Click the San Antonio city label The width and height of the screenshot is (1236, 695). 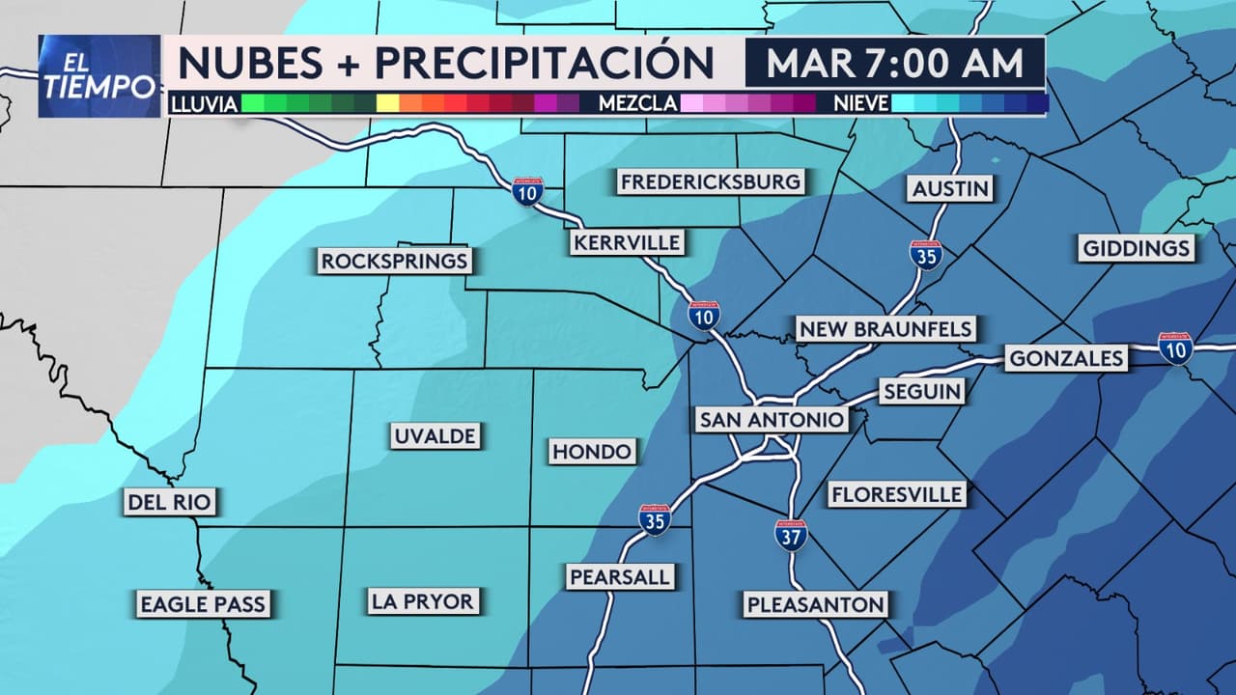[772, 420]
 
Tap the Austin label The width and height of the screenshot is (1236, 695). [952, 188]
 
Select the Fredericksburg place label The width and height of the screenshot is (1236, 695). [710, 181]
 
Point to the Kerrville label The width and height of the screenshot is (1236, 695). [627, 242]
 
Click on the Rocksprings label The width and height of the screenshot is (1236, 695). [394, 261]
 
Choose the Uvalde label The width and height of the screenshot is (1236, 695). [435, 436]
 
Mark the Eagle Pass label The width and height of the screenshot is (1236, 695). [202, 605]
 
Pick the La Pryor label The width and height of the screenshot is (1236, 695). [423, 601]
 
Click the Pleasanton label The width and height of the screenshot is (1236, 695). [815, 605]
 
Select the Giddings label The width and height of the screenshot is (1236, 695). [1136, 248]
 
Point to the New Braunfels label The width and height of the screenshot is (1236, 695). [885, 329]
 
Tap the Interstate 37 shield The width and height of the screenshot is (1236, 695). [790, 536]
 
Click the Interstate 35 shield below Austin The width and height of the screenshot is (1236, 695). [926, 255]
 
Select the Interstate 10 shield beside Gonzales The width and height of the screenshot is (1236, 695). [1175, 347]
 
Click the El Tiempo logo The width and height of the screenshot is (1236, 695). [99, 76]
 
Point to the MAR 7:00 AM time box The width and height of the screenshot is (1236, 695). [894, 63]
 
